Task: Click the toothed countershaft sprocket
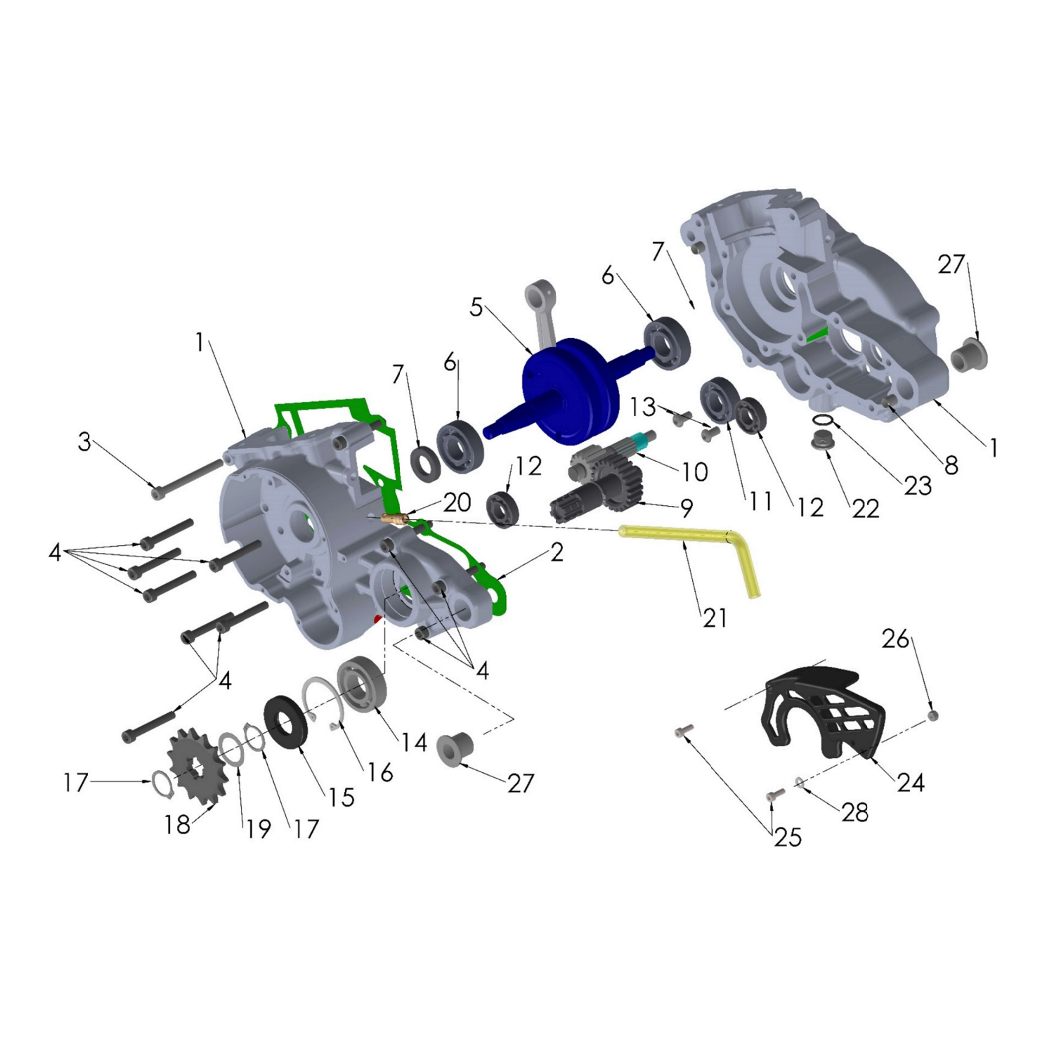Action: (x=197, y=765)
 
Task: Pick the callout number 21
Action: (x=715, y=618)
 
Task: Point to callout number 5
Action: (x=476, y=307)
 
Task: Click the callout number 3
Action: (x=84, y=441)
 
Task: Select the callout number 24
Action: (x=911, y=782)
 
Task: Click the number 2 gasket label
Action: (x=557, y=552)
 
